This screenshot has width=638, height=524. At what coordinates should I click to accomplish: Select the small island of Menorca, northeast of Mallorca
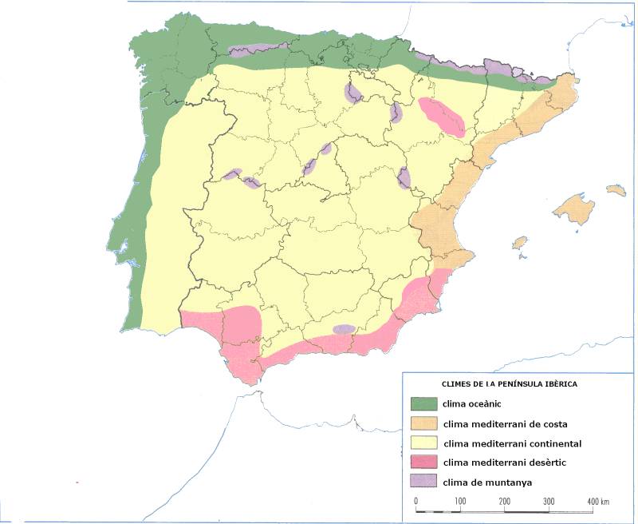(616, 190)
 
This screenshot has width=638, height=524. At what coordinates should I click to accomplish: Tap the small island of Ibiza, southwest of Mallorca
(520, 242)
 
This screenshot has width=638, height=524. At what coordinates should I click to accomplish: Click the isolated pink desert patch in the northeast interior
(441, 115)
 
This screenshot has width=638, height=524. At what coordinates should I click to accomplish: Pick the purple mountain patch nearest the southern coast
(344, 329)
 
